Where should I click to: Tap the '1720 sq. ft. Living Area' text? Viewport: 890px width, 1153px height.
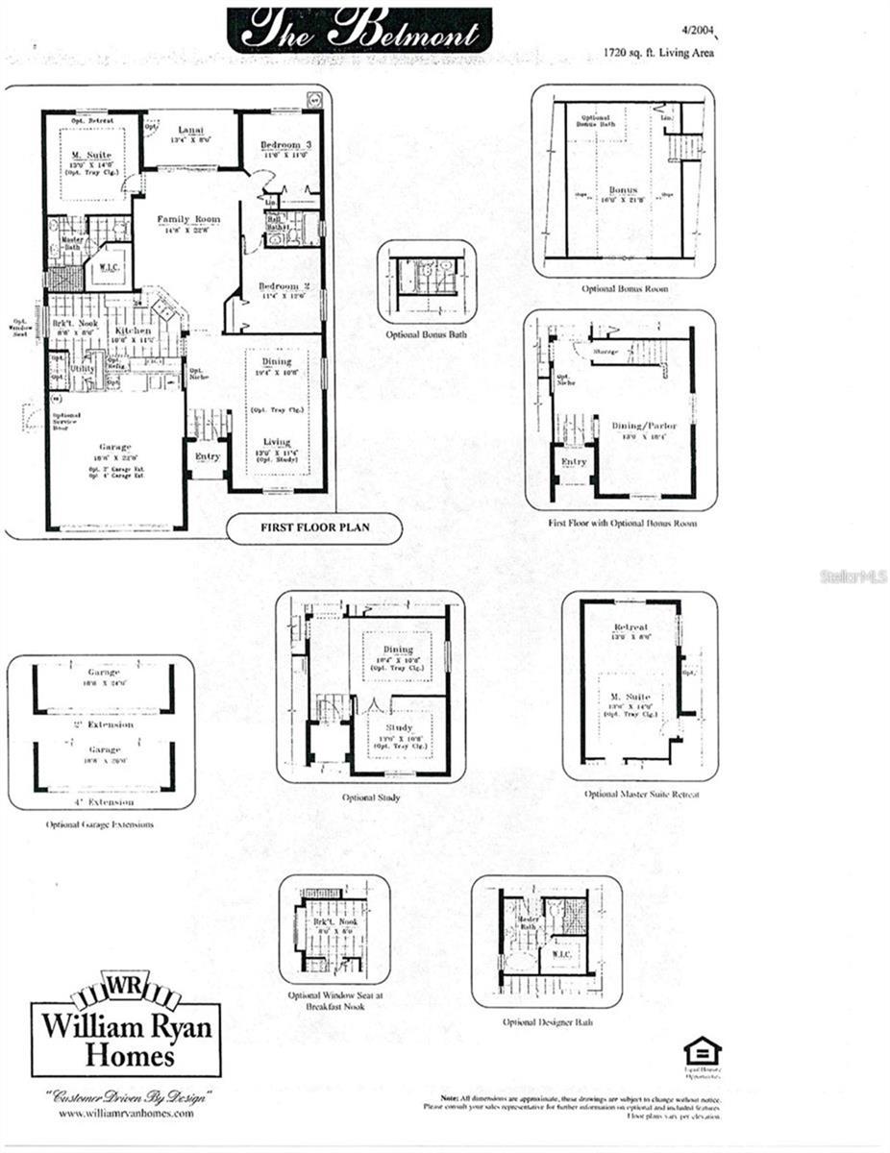(x=658, y=53)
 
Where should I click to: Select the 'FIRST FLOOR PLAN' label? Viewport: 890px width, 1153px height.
(x=302, y=527)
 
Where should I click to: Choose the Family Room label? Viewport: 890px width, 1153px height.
(x=188, y=219)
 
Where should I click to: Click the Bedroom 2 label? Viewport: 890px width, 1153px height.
(x=283, y=286)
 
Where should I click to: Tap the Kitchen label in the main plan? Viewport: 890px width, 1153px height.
(x=134, y=331)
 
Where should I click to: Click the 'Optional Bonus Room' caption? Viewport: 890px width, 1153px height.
(x=624, y=288)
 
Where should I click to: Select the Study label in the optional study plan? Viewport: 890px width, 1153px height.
(x=397, y=728)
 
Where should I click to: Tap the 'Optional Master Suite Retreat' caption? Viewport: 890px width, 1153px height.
(x=642, y=795)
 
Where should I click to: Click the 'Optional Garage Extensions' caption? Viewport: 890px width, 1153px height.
(x=100, y=824)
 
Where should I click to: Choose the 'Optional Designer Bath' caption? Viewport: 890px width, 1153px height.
(x=547, y=1022)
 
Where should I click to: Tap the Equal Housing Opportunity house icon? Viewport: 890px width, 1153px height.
(x=702, y=1049)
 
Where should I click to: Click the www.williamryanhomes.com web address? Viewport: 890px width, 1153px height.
(x=126, y=1114)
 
